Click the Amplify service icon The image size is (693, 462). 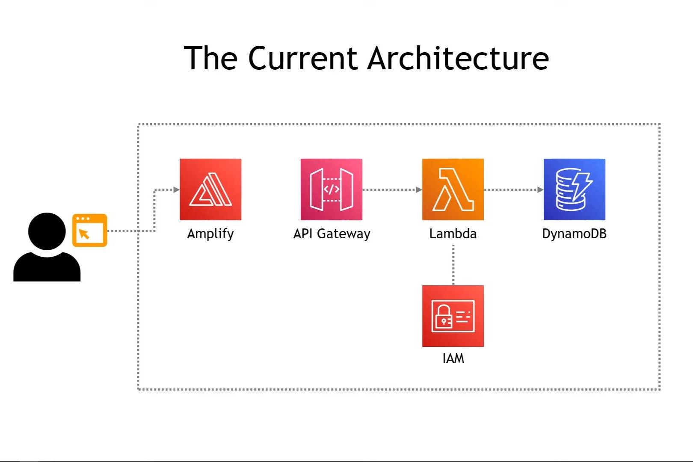(x=210, y=190)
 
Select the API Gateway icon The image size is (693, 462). (x=332, y=190)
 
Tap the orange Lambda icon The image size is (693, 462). (x=453, y=190)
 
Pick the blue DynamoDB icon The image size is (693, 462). (x=574, y=190)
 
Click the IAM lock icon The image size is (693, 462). (x=453, y=316)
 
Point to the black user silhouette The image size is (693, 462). (x=47, y=248)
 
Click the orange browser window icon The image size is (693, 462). (x=90, y=230)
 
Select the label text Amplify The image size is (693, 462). (x=210, y=234)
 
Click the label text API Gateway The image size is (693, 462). (x=332, y=234)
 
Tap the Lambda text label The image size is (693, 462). (x=453, y=234)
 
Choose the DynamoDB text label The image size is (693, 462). (x=574, y=234)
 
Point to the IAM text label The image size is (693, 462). (x=453, y=358)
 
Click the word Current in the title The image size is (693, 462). (x=302, y=58)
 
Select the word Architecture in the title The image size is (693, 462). (x=458, y=58)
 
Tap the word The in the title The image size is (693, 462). (x=210, y=58)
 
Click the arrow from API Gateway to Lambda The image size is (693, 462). (x=392, y=190)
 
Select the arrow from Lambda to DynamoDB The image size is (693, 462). (x=513, y=190)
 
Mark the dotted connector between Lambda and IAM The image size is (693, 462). (x=453, y=264)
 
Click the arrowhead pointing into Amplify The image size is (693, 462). (x=176, y=190)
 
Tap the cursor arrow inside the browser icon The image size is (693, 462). (x=84, y=234)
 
